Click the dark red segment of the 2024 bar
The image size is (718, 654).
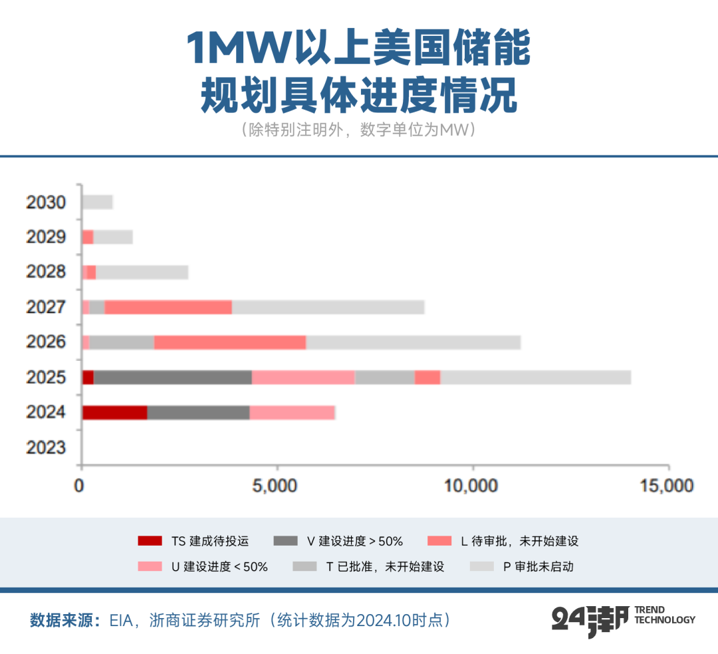coord(114,412)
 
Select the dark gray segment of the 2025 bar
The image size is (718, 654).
coord(172,377)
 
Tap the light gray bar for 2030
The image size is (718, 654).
coord(98,202)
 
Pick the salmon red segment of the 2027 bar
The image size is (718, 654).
coord(168,306)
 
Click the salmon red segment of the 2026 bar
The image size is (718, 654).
coord(229,342)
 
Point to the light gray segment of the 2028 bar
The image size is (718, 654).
coord(142,272)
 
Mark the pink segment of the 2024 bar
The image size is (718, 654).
coord(292,412)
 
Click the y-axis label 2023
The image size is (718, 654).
coord(46,447)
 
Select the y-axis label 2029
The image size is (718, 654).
coord(46,237)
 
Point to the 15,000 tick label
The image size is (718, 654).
coord(667,486)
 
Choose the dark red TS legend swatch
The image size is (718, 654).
coord(150,541)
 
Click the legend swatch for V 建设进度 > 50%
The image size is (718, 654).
coord(285,541)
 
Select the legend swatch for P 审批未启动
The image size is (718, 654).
coord(482,567)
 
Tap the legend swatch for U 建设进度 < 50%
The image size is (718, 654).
coord(150,567)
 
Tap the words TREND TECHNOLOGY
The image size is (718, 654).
coord(665,615)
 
